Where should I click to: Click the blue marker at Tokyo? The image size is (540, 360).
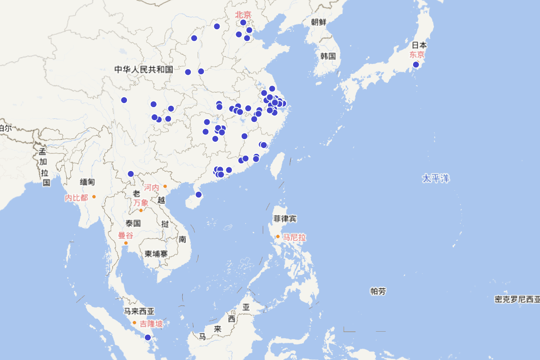coord(416,65)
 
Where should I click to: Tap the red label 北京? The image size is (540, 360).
coord(243,15)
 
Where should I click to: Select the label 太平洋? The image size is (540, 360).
coord(436,178)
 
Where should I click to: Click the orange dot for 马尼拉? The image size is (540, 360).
coord(278,236)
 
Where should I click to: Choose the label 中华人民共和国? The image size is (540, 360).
coord(144,69)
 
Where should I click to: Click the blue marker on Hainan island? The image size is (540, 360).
coord(198,194)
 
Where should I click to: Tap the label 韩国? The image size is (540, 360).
coord(328,56)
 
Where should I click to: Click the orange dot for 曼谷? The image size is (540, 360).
coord(126,243)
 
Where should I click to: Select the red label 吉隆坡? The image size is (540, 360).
coord(151,324)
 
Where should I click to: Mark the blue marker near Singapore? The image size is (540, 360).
coord(148,337)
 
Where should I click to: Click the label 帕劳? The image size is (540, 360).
coord(378,291)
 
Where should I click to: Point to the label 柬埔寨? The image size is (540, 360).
coord(156,254)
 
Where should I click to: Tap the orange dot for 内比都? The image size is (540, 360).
coord(94,197)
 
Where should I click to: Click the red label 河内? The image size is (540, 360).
coord(152,187)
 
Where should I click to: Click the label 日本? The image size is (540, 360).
coord(419,45)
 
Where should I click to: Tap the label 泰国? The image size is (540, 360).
coord(134,223)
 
